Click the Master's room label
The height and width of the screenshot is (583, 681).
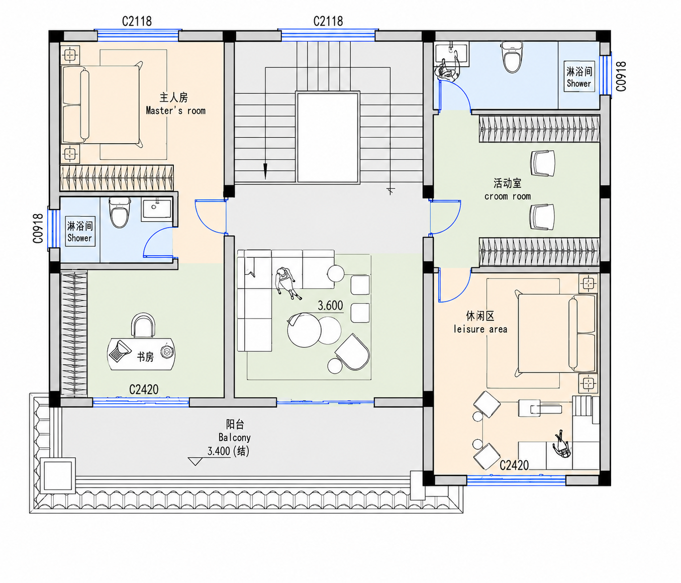coord(175,111)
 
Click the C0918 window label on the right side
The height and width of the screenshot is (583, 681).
coord(621,76)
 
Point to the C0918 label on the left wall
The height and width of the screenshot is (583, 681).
coord(38,228)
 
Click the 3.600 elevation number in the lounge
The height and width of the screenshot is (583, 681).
coord(330,306)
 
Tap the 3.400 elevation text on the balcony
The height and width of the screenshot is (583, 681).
coord(219,451)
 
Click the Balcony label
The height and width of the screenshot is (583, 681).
coord(235,437)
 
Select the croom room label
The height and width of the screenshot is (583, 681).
coord(508,197)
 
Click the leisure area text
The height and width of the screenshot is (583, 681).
coord(480,329)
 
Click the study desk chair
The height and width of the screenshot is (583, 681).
coord(143,326)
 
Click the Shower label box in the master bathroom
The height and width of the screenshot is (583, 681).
coord(80,231)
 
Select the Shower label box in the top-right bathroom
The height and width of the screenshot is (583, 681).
coord(579,76)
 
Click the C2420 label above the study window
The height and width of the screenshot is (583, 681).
coord(144,390)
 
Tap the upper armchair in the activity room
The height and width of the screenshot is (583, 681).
coord(543,163)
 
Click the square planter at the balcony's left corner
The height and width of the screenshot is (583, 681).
coord(58,475)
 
